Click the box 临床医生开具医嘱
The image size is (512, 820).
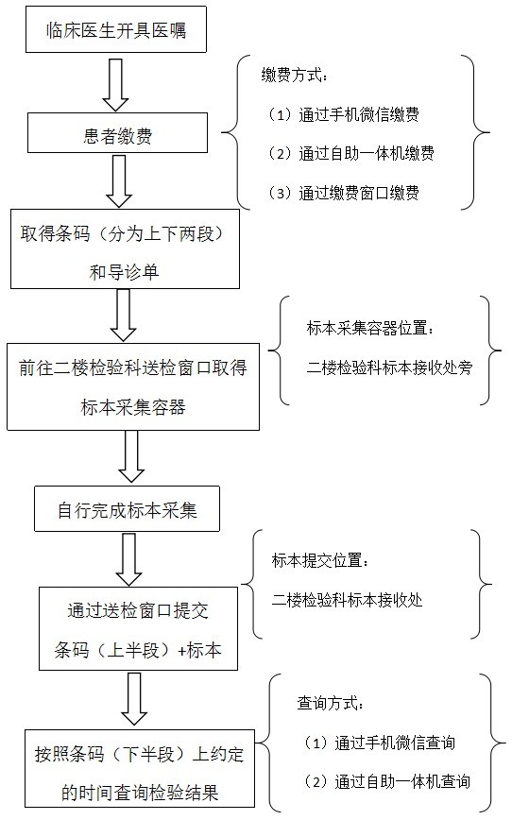coord(116,29)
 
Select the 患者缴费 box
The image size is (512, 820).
coord(118,134)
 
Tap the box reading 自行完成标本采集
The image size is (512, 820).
coord(128,509)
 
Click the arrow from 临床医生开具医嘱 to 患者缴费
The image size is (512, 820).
coord(115,84)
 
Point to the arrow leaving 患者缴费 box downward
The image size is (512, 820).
coord(119,181)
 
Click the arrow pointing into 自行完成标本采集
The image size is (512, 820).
coord(131,456)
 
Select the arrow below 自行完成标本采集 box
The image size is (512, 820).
coord(128,559)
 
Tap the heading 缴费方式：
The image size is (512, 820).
coord(296,76)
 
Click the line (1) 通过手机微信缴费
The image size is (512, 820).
coord(343,114)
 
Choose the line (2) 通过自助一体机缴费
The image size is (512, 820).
coord(350,153)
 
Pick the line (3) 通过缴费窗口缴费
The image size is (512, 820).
coord(343,193)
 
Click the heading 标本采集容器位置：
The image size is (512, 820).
coord(371,328)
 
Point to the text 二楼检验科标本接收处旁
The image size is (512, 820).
coord(389,367)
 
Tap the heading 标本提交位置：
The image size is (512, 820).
coord(321,560)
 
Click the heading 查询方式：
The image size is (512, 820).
coord(331,703)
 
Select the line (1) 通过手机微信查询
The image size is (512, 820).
coord(379,743)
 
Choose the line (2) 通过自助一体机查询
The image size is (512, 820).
coord(387,781)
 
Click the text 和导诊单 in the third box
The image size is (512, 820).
coord(124,272)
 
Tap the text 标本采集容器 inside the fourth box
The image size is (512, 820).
coord(133,407)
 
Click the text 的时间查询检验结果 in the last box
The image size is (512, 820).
coord(140,793)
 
